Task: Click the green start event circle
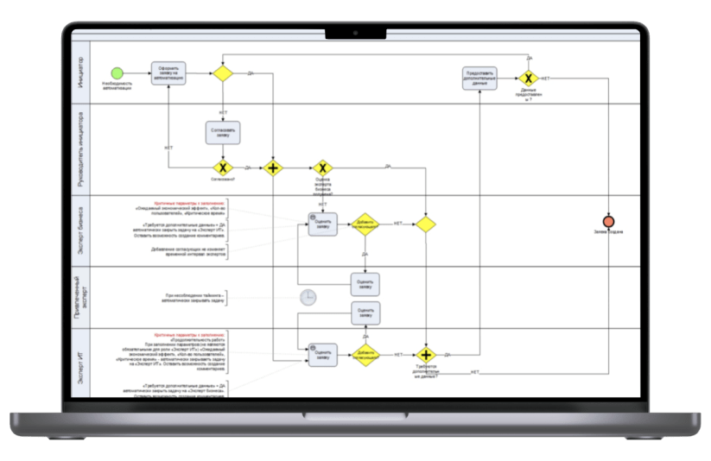coord(117,73)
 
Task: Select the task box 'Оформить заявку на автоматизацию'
coord(168,73)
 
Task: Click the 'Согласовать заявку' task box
coord(223,132)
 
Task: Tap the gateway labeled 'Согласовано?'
coord(223,167)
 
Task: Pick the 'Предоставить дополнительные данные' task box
coord(480,78)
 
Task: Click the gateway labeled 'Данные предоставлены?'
coord(529,79)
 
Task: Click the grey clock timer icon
coord(308,297)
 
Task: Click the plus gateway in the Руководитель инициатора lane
coord(273,167)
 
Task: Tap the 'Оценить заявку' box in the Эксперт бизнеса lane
coord(322,224)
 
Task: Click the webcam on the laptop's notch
coord(355,34)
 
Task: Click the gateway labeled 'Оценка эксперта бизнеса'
coord(322,167)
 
